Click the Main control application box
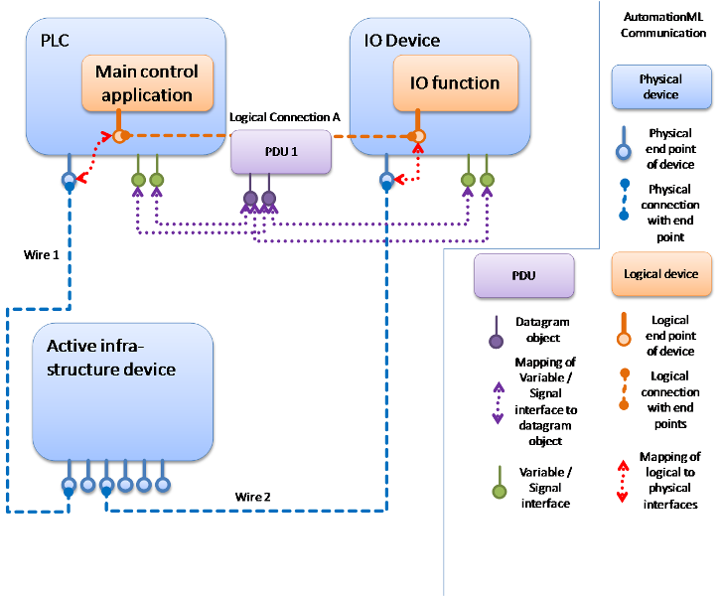146,83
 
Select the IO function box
460,82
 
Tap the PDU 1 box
279,152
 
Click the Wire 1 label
42,254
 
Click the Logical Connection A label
285,117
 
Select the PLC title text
55,41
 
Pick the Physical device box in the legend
660,87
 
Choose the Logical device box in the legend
660,274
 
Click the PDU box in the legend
523,274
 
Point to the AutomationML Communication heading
662,25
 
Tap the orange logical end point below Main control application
118,135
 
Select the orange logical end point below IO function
418,135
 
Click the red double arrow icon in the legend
622,480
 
